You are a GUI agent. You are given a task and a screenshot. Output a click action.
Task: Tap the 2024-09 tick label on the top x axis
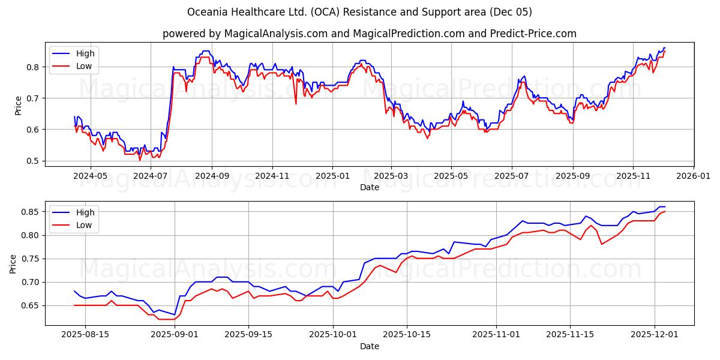[x=211, y=176]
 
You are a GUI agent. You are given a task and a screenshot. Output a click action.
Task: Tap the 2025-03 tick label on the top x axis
[x=391, y=176]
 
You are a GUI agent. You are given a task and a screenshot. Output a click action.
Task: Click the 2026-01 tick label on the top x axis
[x=694, y=176]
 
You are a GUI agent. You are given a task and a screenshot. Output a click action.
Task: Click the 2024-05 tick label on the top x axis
[x=90, y=176]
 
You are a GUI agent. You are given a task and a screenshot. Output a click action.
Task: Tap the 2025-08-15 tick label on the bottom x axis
[x=85, y=335]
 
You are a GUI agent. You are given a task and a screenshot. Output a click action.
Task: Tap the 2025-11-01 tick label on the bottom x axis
[x=497, y=335]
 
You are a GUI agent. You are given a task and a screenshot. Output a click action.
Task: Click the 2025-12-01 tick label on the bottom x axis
[x=654, y=335]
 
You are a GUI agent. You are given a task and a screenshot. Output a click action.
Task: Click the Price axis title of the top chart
[x=18, y=105]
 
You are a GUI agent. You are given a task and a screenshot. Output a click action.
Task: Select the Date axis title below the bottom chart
[x=369, y=346]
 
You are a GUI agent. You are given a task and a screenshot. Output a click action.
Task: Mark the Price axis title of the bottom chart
[x=13, y=263]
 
